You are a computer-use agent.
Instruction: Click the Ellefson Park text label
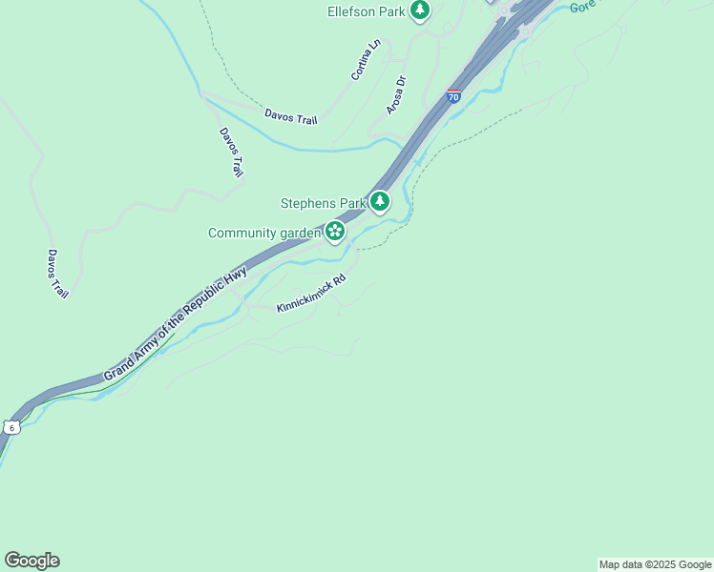pyautogui.click(x=367, y=11)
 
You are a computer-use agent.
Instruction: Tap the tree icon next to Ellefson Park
pyautogui.click(x=420, y=10)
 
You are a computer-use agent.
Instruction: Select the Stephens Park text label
pyautogui.click(x=323, y=202)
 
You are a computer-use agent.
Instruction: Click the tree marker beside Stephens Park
pyautogui.click(x=381, y=201)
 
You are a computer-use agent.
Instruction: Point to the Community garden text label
pyautogui.click(x=263, y=233)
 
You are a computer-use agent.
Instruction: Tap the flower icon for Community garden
pyautogui.click(x=334, y=232)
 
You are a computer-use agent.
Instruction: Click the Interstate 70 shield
pyautogui.click(x=453, y=96)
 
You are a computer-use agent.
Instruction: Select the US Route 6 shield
pyautogui.click(x=10, y=426)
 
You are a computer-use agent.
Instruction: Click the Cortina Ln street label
pyautogui.click(x=365, y=59)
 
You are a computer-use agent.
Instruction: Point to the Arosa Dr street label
pyautogui.click(x=396, y=95)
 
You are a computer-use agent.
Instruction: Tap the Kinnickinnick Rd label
pyautogui.click(x=310, y=295)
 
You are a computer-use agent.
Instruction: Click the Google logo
pyautogui.click(x=31, y=561)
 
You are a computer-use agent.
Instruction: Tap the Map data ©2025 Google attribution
pyautogui.click(x=655, y=564)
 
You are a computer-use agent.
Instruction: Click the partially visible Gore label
pyautogui.click(x=582, y=6)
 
